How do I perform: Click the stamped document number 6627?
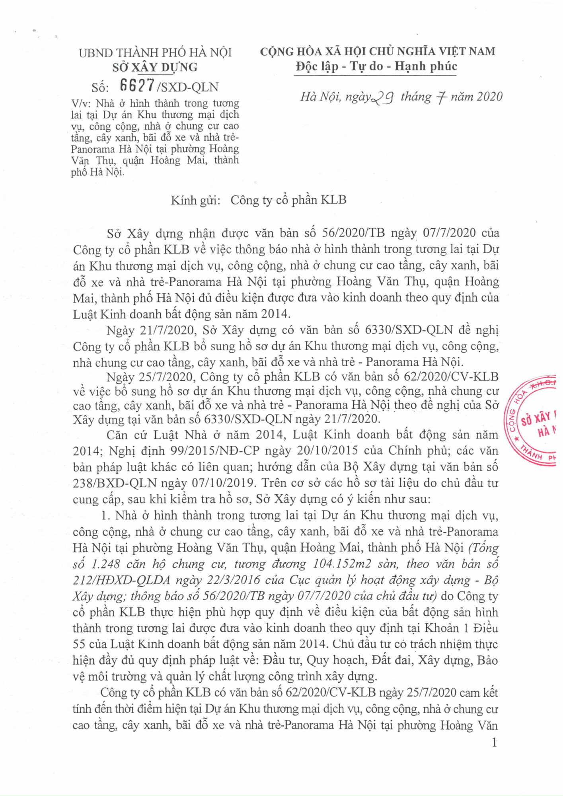[x=137, y=86]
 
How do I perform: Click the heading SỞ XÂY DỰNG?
[x=155, y=67]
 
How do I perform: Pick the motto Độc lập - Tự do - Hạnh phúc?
[x=376, y=66]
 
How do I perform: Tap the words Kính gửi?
[x=195, y=200]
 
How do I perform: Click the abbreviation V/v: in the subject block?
[x=82, y=104]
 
